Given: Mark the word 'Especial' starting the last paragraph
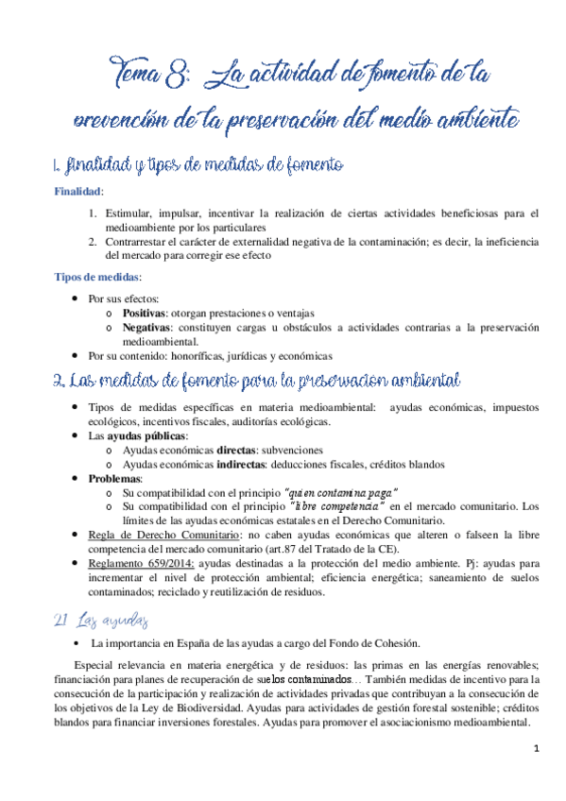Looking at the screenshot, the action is pyautogui.click(x=95, y=662).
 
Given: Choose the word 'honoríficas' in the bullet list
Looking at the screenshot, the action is pyautogui.click(x=197, y=356).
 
